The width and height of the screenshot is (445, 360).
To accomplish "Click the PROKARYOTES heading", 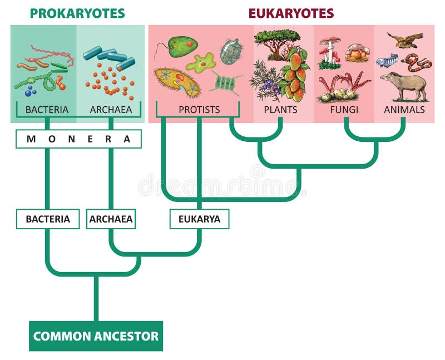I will point(77,13).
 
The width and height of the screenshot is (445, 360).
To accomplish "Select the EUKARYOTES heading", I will point(291,13).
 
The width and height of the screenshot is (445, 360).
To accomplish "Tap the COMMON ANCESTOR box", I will point(96,336).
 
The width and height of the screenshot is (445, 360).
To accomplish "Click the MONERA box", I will point(78,139).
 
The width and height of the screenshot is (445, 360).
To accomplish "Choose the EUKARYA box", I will point(199,219).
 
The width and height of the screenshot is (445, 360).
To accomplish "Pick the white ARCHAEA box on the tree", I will point(111,219).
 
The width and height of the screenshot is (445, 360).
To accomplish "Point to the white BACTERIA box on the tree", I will point(48,219).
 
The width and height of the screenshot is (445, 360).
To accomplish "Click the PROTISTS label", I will point(200,110).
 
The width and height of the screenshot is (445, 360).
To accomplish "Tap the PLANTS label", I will point(281,110).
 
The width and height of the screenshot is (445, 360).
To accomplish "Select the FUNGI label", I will point(343,110).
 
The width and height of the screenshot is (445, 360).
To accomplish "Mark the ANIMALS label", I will point(404,110).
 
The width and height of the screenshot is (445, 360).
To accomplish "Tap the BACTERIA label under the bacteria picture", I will point(47,110).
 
